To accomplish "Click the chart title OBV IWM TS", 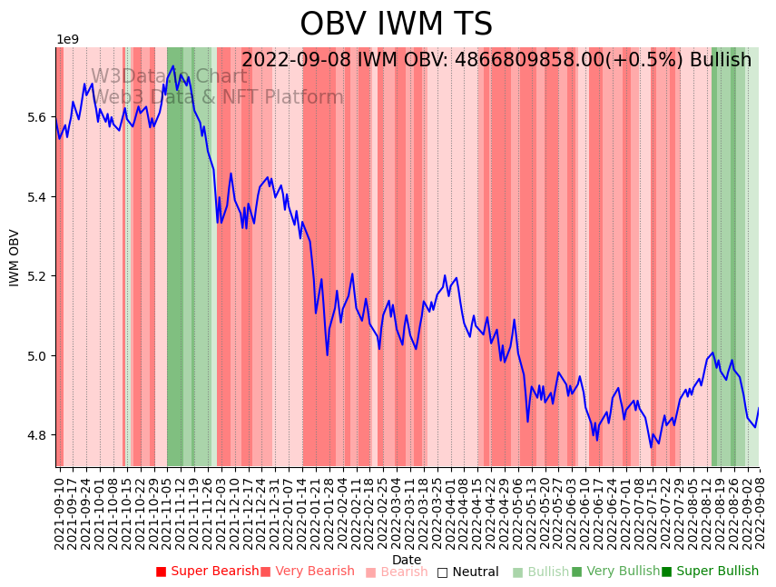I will tap(396, 25).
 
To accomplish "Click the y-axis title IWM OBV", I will tap(15, 257).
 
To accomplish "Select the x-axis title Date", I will tap(407, 560).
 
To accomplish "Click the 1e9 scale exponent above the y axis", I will tap(68, 40).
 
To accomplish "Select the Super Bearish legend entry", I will tap(207, 572).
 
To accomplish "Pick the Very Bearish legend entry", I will tap(307, 572).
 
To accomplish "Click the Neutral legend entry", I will tap(467, 572).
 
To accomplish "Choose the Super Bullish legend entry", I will tap(710, 572).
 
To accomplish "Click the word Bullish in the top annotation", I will tap(721, 61).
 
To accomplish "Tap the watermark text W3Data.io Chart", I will tap(169, 76).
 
